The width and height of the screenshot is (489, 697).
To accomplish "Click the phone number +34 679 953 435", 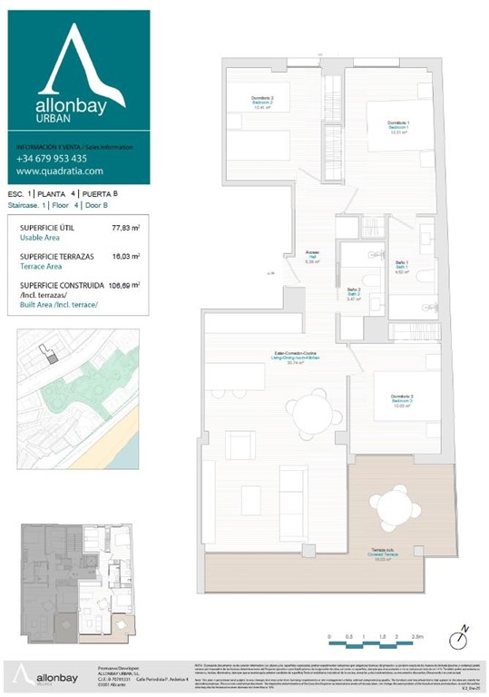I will pos(51,158).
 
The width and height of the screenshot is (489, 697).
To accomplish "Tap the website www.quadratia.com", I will pos(60,171).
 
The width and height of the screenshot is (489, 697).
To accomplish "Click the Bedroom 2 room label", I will pos(262,103).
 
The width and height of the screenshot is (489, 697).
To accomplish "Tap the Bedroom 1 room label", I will pos(398,126).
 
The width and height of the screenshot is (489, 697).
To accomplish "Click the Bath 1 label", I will pos(402,266).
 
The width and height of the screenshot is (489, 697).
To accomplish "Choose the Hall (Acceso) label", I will pos(312,257).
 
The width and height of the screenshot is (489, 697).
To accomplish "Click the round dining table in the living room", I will pos(311,412).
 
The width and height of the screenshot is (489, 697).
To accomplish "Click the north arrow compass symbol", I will pos(463,630).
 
